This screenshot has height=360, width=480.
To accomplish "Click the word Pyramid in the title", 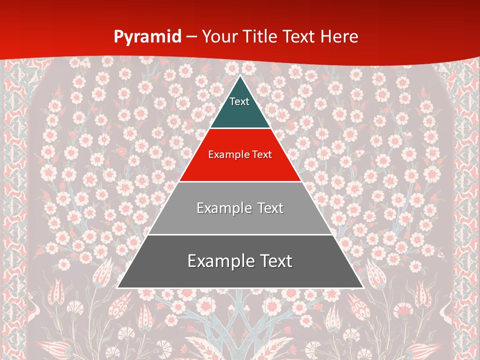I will pyautogui.click(x=147, y=36).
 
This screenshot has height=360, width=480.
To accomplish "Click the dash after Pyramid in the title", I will pyautogui.click(x=191, y=37).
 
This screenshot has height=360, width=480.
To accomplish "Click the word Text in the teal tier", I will pyautogui.click(x=239, y=101).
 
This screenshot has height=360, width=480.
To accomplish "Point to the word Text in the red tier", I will pyautogui.click(x=262, y=154).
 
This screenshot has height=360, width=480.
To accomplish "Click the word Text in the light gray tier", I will pyautogui.click(x=270, y=208).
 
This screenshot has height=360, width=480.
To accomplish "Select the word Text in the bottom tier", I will pyautogui.click(x=274, y=261).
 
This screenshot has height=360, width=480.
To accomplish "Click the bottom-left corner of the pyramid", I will pyautogui.click(x=117, y=288).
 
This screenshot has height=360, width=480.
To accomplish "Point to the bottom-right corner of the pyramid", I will pyautogui.click(x=363, y=288).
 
